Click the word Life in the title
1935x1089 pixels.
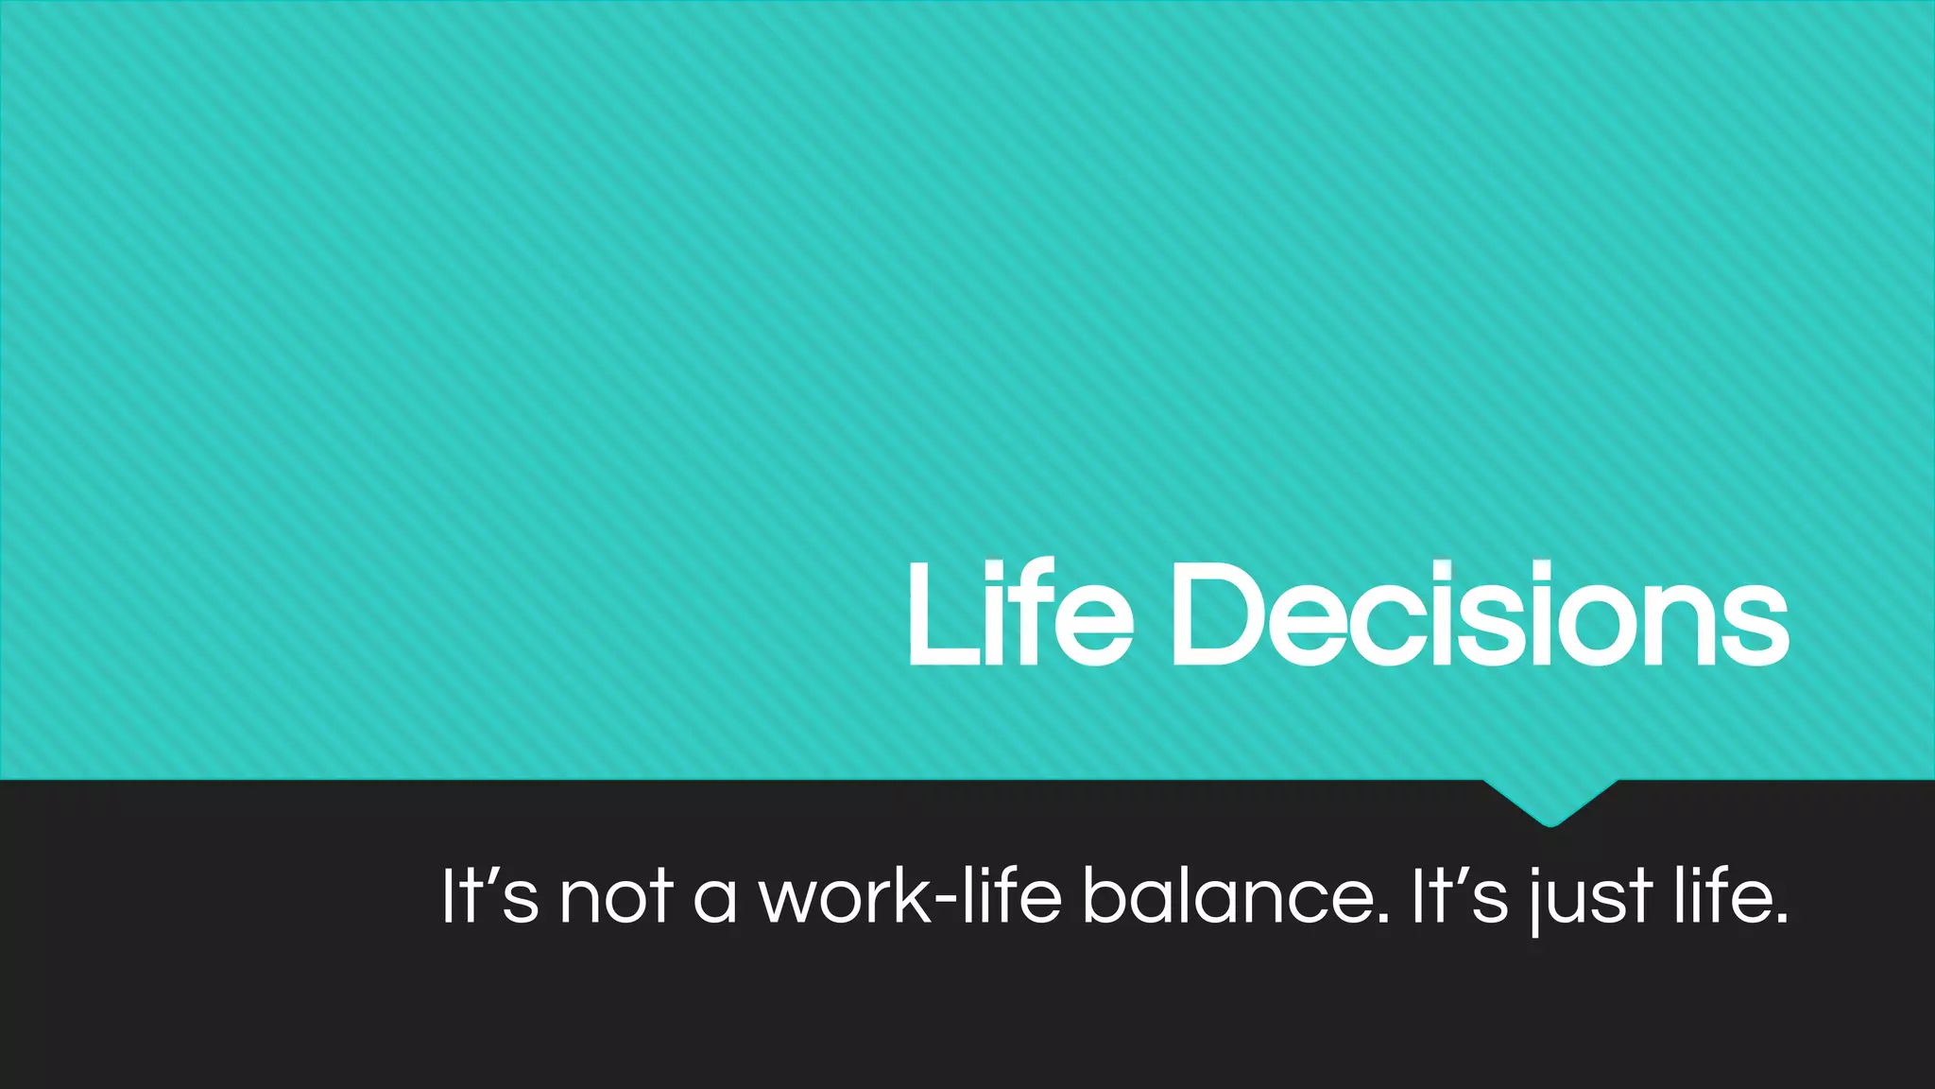pos(1020,614)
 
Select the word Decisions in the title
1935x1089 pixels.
pos(1480,614)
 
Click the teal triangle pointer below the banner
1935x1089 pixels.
pos(1550,800)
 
